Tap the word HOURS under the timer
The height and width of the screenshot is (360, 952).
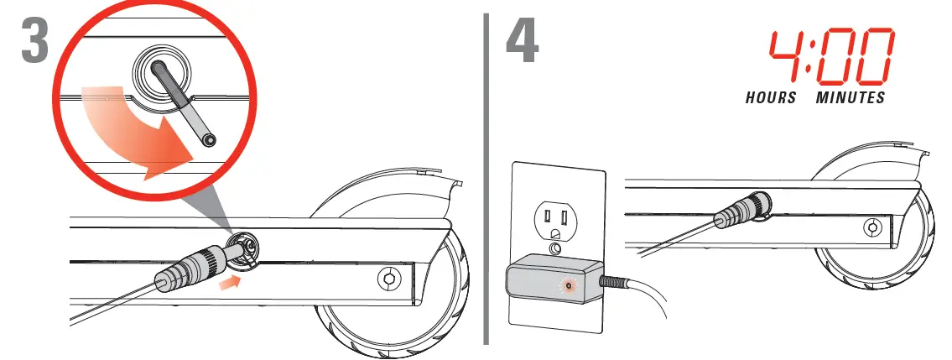(x=771, y=98)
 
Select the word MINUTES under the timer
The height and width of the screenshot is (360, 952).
(x=851, y=98)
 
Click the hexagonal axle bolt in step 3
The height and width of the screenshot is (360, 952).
(x=389, y=278)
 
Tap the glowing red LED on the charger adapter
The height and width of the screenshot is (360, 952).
(x=570, y=284)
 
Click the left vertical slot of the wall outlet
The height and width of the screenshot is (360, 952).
(x=544, y=219)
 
